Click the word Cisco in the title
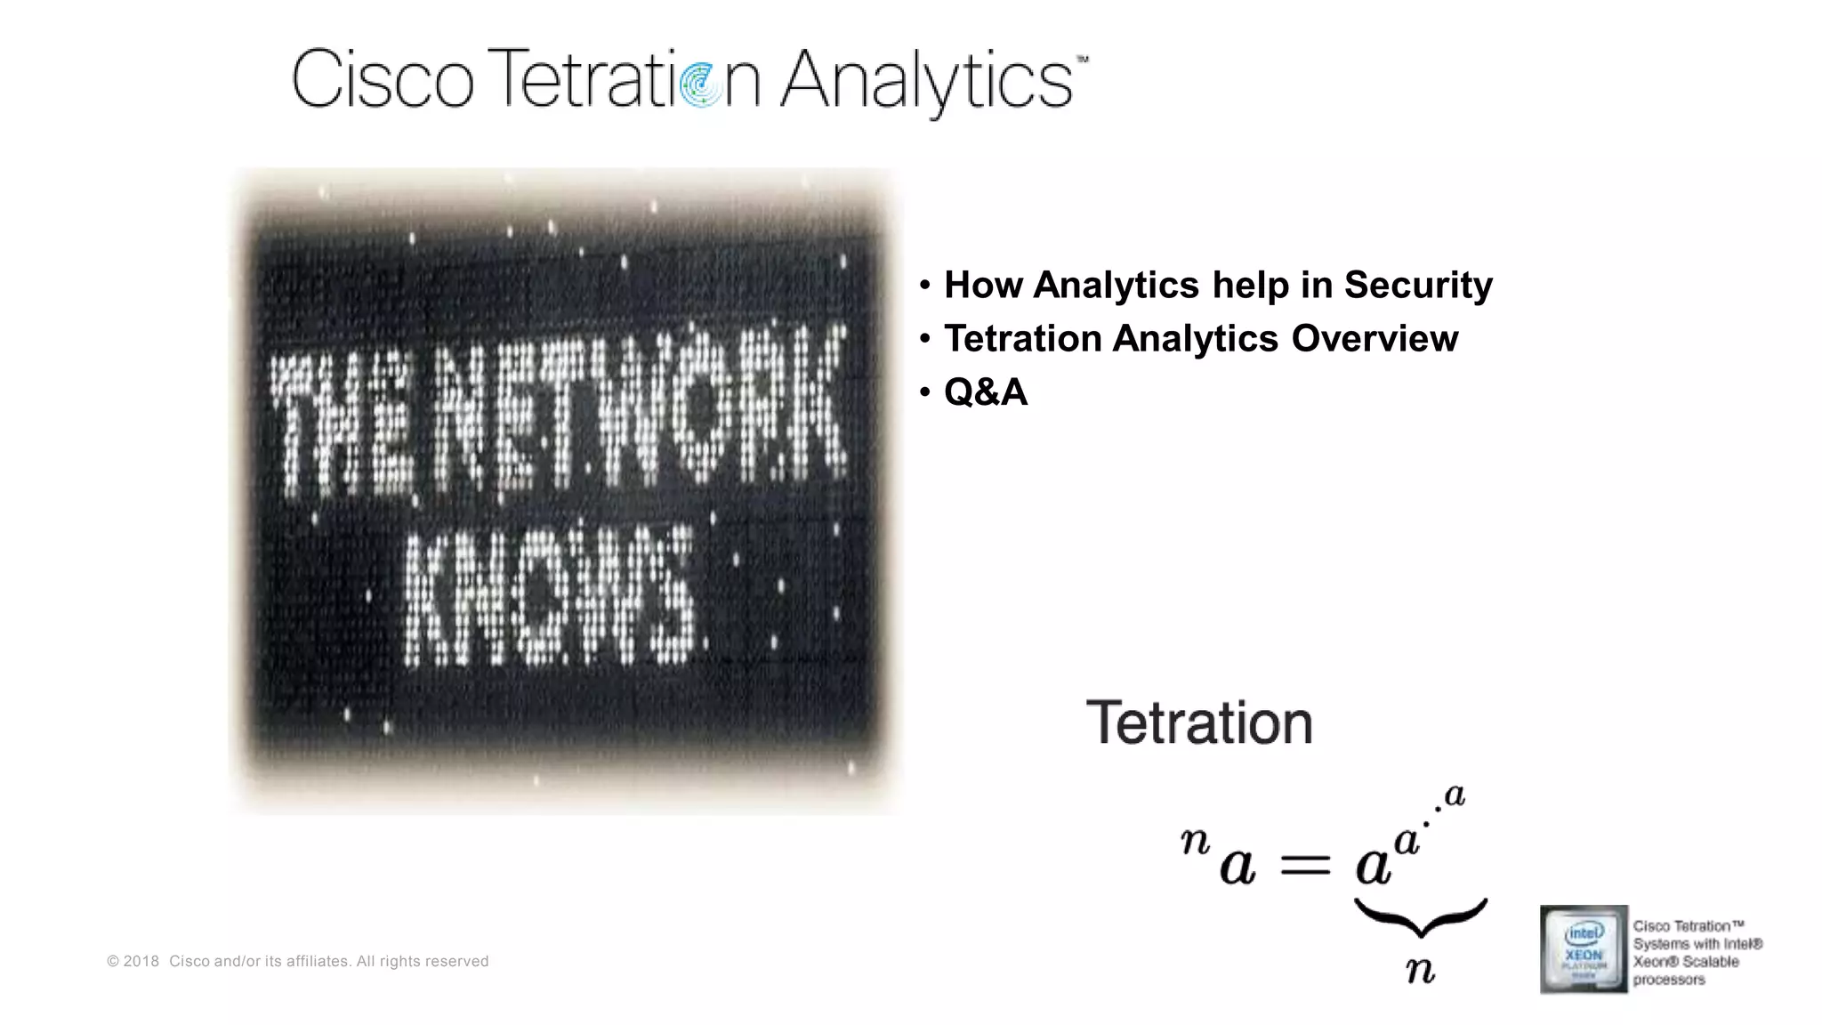coord(383,79)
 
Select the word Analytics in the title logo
coord(926,81)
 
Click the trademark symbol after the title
coord(1082,60)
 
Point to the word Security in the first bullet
coord(1418,285)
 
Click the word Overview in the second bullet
coord(1375,338)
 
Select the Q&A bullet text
coord(986,391)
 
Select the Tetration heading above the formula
coord(1199,722)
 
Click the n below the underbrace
coord(1420,968)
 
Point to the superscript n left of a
coord(1195,840)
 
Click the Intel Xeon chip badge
coord(1584,948)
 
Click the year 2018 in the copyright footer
coord(141,961)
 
